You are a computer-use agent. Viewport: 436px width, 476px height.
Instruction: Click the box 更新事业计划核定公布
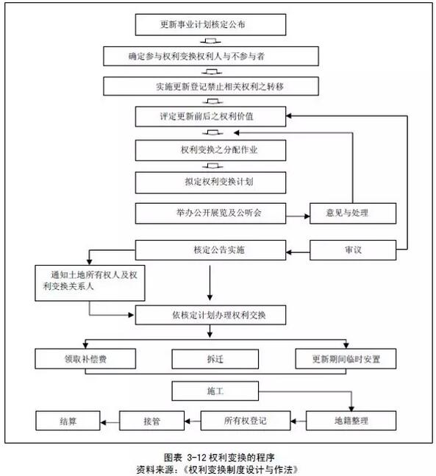210,24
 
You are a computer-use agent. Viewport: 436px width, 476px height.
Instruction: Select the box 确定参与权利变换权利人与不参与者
211,56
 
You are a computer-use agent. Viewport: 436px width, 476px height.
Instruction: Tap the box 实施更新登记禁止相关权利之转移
211,86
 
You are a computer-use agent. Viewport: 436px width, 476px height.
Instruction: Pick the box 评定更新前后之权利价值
210,116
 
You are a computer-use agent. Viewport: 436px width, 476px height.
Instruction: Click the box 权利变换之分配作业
210,150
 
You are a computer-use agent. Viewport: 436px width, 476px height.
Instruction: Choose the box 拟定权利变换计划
210,182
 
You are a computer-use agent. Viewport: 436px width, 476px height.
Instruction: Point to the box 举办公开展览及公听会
210,213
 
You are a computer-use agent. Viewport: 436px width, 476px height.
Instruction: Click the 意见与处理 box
353,213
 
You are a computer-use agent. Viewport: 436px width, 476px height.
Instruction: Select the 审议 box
353,250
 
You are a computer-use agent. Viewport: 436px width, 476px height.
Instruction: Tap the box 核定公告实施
210,250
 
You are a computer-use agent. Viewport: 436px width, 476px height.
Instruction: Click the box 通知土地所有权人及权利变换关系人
90,283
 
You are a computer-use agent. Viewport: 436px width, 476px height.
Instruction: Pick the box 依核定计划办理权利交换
210,315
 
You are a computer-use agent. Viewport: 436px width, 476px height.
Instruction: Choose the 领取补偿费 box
85,359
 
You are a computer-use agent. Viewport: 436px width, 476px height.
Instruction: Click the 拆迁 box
215,359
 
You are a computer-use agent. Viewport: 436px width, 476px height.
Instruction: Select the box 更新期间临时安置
346,359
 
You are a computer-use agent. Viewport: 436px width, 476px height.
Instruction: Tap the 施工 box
215,391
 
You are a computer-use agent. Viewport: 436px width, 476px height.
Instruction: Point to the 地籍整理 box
351,421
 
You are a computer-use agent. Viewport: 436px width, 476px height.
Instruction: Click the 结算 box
68,421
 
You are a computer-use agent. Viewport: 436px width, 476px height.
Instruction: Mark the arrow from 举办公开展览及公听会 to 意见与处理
298,216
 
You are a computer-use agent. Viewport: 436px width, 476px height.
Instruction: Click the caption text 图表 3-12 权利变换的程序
219,458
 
